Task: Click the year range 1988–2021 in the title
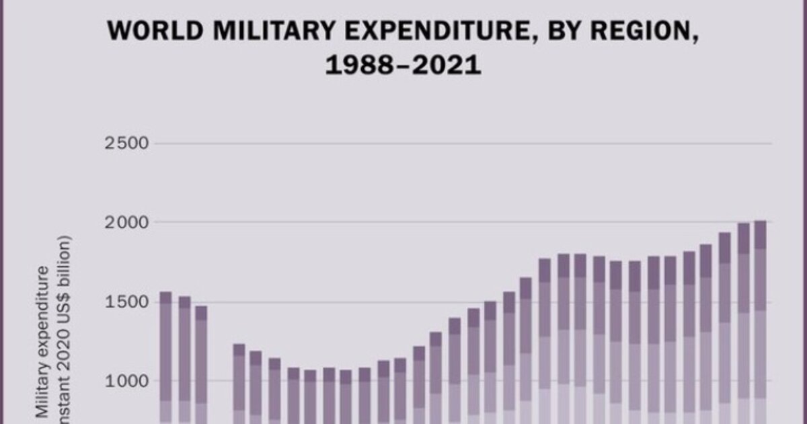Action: click(403, 65)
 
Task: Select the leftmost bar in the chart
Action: click(165, 357)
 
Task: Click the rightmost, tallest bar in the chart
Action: click(761, 323)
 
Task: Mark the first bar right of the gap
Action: click(239, 384)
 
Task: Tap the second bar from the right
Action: click(743, 323)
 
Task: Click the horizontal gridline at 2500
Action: click(471, 143)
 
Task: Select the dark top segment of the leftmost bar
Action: click(165, 297)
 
